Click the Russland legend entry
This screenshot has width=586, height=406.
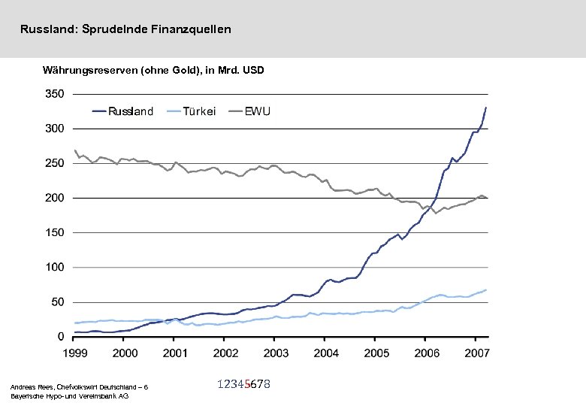(x=131, y=111)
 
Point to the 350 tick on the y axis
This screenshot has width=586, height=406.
(x=54, y=94)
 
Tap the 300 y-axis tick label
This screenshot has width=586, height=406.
(x=54, y=129)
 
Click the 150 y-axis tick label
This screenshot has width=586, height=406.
(x=54, y=232)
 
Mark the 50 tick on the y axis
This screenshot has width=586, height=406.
(x=57, y=302)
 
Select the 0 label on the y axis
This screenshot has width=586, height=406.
(x=60, y=337)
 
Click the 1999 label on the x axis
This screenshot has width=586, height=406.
(x=75, y=353)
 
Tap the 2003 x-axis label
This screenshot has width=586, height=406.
(x=276, y=353)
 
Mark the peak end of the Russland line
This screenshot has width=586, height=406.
(x=485, y=108)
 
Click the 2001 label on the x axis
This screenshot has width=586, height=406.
(x=175, y=353)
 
